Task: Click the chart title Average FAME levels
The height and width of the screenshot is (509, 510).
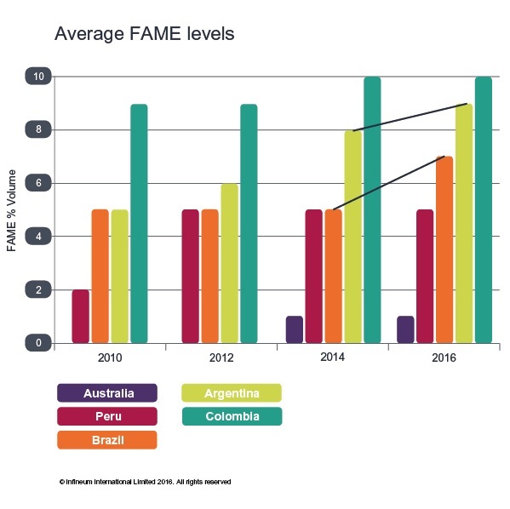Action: (x=144, y=35)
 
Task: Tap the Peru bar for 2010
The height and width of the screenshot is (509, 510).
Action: (x=80, y=316)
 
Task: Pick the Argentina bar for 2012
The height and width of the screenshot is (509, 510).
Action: (x=229, y=263)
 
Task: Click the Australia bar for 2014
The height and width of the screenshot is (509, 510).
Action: (x=294, y=329)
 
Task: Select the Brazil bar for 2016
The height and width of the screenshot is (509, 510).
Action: (x=444, y=249)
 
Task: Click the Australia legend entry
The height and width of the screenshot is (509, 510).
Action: (x=107, y=392)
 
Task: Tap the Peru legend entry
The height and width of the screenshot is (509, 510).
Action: (x=107, y=416)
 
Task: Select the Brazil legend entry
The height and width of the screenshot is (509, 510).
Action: (x=107, y=439)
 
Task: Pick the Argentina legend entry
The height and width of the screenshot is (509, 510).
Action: (x=232, y=392)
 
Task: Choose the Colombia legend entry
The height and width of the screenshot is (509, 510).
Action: (x=232, y=416)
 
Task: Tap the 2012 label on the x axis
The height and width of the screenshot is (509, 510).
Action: (x=221, y=358)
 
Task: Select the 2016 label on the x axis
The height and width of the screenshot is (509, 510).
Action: (x=444, y=358)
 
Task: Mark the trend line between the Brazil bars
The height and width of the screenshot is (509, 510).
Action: (x=388, y=183)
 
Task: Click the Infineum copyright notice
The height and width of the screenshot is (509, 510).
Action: (x=145, y=481)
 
